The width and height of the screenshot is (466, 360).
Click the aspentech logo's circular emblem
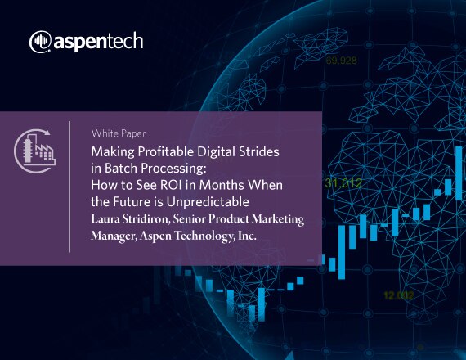[x=40, y=42]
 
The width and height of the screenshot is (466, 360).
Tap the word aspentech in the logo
[x=98, y=42]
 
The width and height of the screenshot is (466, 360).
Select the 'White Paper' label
[x=119, y=133]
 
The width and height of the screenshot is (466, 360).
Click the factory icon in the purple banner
[x=35, y=151]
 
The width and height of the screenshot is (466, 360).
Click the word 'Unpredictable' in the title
[x=208, y=202]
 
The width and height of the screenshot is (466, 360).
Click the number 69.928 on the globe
[x=341, y=61]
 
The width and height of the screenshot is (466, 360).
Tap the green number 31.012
[x=343, y=183]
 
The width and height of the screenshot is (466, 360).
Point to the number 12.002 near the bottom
[x=398, y=295]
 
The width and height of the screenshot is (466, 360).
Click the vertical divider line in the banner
[x=69, y=187]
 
